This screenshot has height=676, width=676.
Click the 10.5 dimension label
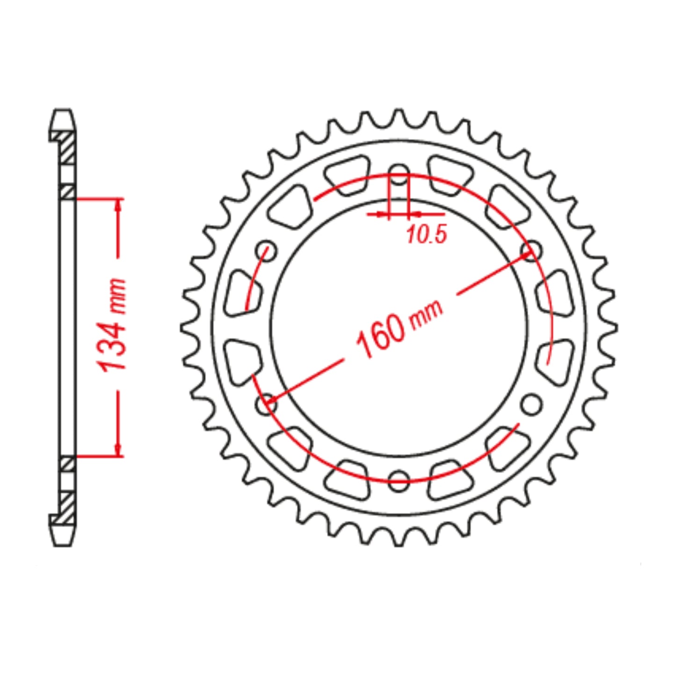[x=426, y=235]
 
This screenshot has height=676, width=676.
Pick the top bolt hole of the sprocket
[x=399, y=172]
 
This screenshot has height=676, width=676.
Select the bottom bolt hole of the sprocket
[x=399, y=480]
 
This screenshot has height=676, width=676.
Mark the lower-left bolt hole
[x=267, y=403]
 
